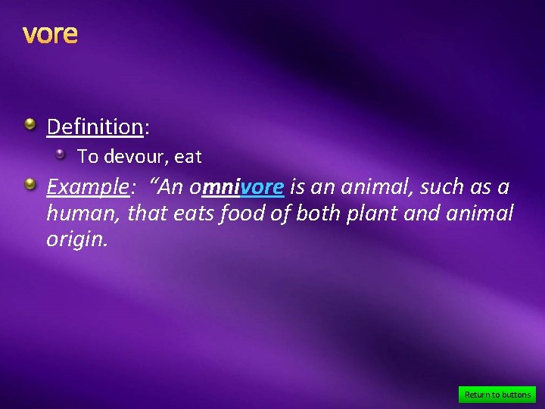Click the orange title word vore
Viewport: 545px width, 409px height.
click(50, 34)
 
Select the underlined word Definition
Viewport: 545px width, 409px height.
click(95, 126)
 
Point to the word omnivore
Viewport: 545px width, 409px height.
click(237, 187)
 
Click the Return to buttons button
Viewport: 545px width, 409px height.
click(497, 395)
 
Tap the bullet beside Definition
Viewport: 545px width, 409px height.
click(30, 123)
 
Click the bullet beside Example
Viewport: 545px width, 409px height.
click(30, 183)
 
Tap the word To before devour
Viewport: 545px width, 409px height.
click(88, 158)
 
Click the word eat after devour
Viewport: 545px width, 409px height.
click(188, 158)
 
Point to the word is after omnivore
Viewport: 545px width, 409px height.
click(297, 187)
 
